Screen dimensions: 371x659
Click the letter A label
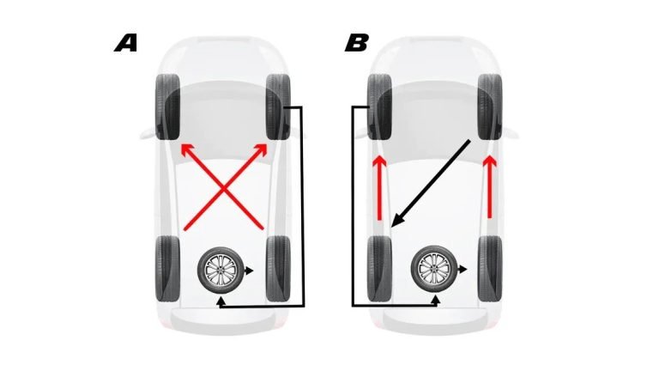[x=126, y=43]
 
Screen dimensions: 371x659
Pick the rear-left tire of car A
[x=167, y=268]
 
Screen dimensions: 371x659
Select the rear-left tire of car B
[x=379, y=268]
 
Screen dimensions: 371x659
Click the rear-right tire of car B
[x=490, y=268]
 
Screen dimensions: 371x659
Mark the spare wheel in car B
[x=434, y=270]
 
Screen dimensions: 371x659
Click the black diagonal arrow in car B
[x=430, y=183]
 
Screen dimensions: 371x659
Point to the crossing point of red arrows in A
[x=224, y=189]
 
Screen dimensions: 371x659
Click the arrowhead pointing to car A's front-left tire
[x=184, y=150]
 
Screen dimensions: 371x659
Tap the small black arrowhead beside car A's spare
[x=250, y=270]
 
